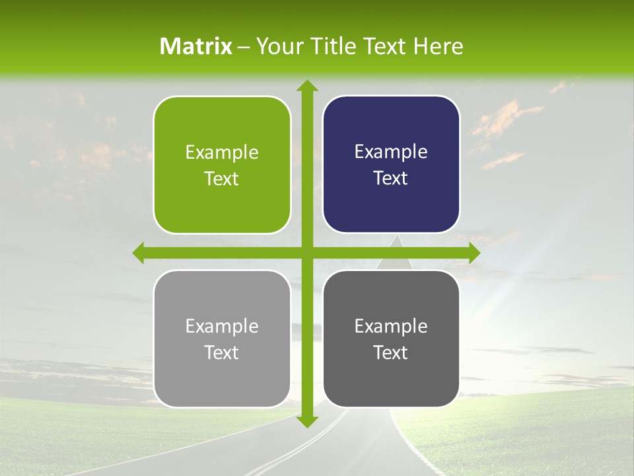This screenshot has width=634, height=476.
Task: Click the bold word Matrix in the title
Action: (x=196, y=46)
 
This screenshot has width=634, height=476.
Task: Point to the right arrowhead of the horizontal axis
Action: (x=474, y=253)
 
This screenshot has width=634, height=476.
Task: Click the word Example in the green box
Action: (x=222, y=153)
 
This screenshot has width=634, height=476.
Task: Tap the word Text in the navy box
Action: (x=391, y=178)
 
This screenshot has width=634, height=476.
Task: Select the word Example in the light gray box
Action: (x=222, y=327)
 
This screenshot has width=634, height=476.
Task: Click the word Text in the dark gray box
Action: (x=391, y=353)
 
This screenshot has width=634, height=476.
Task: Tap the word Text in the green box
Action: (x=222, y=179)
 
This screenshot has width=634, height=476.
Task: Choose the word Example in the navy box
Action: (x=391, y=152)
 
